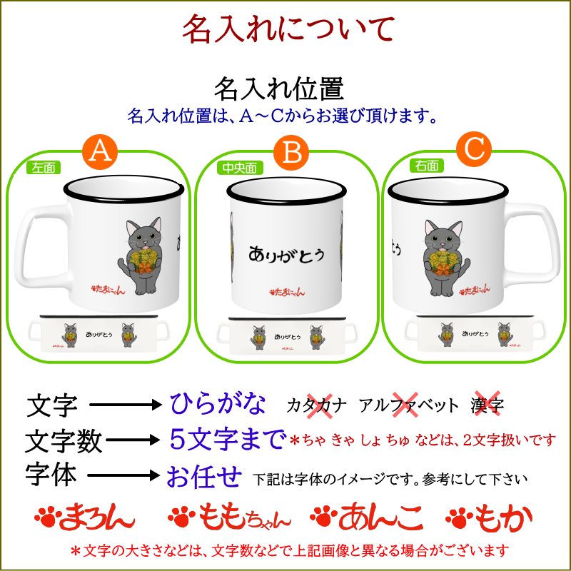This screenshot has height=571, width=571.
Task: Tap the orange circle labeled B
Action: (x=291, y=151)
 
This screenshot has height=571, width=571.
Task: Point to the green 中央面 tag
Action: (x=238, y=168)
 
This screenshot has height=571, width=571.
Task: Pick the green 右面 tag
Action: (x=427, y=166)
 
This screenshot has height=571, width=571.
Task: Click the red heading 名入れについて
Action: (x=288, y=30)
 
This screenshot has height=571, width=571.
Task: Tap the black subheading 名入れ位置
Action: (x=279, y=89)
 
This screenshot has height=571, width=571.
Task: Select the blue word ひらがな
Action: (x=218, y=405)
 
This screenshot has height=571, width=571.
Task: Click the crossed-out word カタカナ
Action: (x=317, y=405)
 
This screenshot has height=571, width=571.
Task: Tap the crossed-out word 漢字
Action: (x=487, y=405)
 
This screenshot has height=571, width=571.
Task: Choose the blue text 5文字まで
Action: (x=228, y=438)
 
